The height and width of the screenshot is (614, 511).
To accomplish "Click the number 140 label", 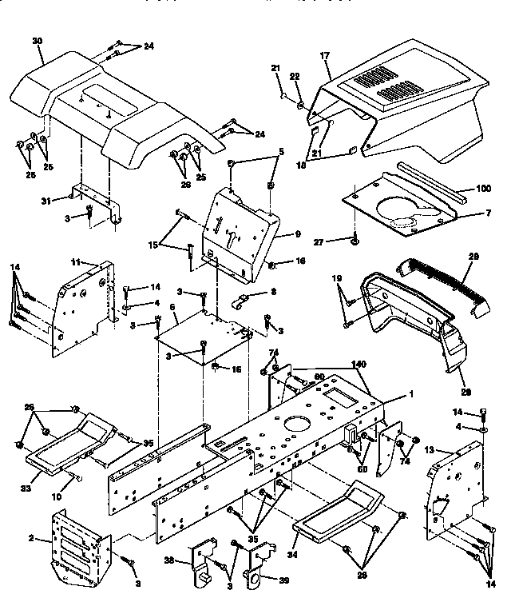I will coord(358,364).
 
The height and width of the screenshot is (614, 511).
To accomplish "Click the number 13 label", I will coord(430,451).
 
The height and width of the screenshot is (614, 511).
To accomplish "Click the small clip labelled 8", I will coord(239,301).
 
